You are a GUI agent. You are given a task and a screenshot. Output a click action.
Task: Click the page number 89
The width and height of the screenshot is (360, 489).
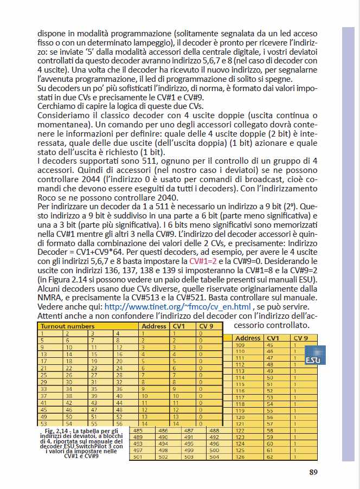coord(313,472)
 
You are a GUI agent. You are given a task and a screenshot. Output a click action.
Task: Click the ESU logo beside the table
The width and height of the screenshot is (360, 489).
coord(313,356)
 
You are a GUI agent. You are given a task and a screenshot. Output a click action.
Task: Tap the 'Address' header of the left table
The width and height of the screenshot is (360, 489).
coord(153,326)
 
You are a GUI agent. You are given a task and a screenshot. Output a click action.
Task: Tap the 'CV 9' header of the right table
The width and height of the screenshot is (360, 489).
coord(300,338)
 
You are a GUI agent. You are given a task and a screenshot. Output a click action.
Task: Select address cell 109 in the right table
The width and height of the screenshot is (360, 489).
coord(241,345)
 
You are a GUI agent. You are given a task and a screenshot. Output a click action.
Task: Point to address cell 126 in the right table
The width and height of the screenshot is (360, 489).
coord(241,456)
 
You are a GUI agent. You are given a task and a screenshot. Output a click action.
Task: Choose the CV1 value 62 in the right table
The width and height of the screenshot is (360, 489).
coord(270,456)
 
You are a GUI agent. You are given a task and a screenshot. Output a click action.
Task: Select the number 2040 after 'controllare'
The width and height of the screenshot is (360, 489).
coord(146,197)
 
